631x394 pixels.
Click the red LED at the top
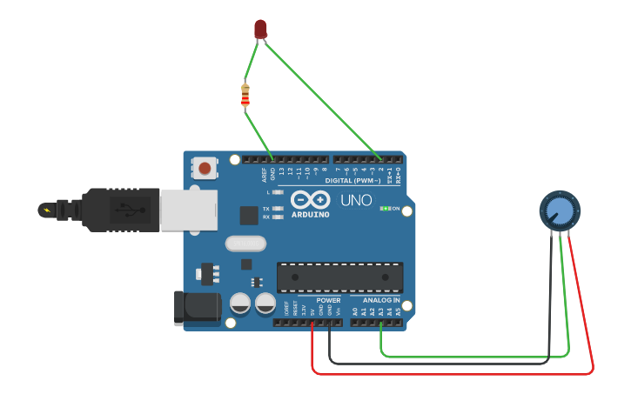(260, 30)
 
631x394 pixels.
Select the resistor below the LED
(245, 94)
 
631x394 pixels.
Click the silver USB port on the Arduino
(188, 210)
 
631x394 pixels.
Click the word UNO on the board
(355, 201)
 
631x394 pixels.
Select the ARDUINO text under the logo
(310, 214)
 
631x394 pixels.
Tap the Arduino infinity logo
(310, 199)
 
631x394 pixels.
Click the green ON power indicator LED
(384, 209)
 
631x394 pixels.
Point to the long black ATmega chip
(339, 277)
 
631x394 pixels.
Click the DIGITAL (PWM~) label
(352, 180)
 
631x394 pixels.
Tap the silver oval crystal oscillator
(245, 244)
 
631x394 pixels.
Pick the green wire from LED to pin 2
(322, 101)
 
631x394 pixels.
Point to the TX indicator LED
(279, 209)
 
